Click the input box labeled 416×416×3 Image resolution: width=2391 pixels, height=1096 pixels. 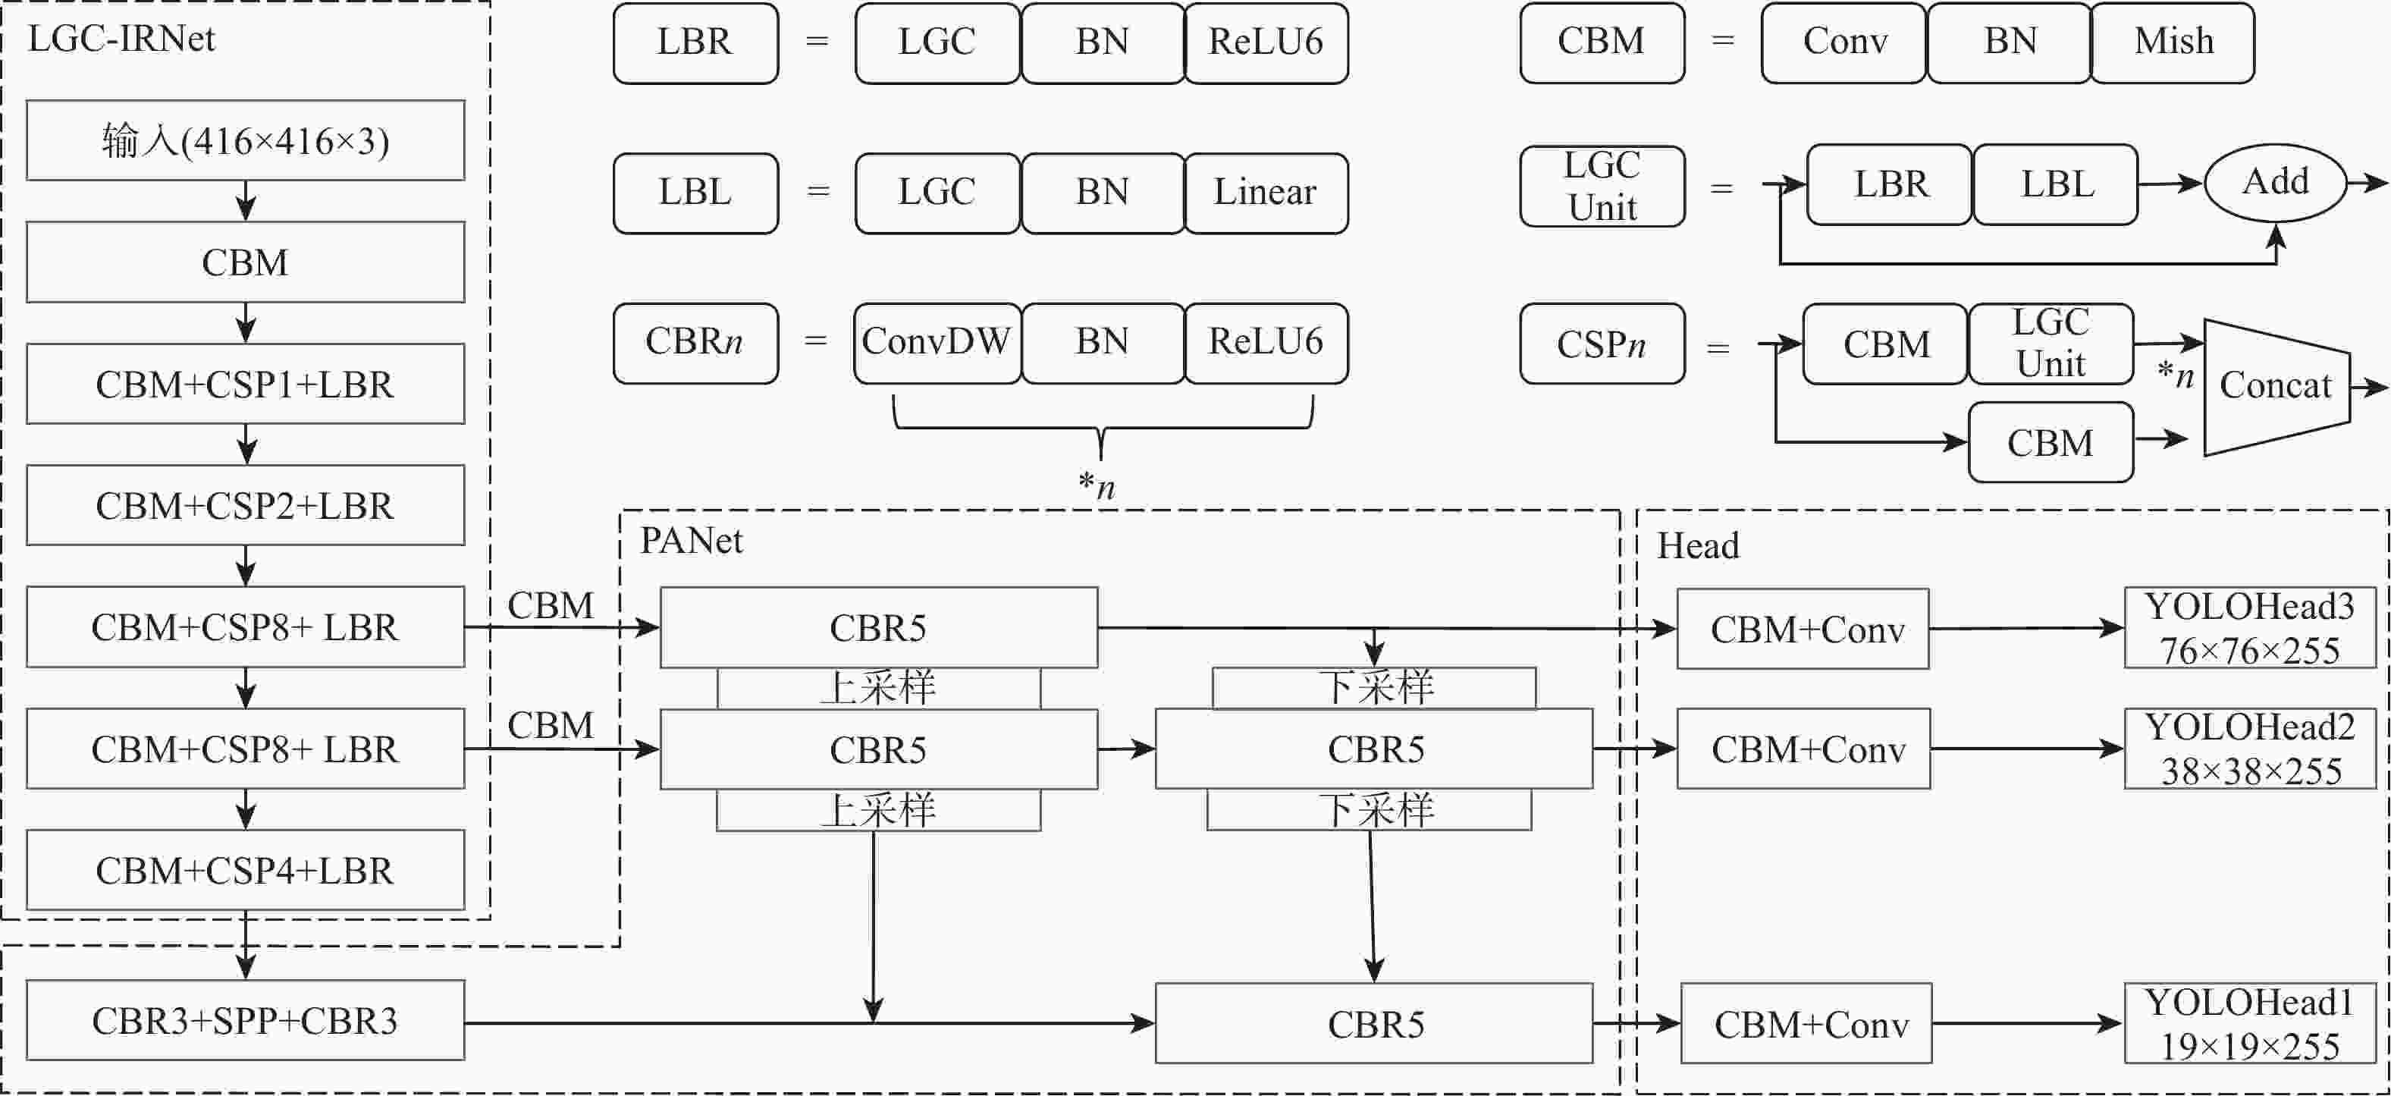[245, 140]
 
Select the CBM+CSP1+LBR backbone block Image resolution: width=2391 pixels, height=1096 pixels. [245, 385]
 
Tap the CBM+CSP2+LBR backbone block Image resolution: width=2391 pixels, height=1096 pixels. [245, 505]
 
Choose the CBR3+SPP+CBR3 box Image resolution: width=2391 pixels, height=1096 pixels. [245, 1020]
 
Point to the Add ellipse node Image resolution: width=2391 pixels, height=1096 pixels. [2275, 182]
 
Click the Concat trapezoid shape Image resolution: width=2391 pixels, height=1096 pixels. [2275, 386]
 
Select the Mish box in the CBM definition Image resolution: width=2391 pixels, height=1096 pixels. [2173, 42]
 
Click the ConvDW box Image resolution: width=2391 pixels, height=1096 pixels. [937, 342]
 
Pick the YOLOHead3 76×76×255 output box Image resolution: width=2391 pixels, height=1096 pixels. [2250, 627]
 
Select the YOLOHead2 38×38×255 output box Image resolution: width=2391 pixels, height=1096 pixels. [2250, 748]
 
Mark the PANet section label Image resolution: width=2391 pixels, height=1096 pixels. [692, 541]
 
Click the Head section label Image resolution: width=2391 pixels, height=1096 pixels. [1698, 545]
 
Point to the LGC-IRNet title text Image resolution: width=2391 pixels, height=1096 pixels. [121, 39]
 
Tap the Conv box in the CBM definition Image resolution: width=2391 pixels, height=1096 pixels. [1844, 42]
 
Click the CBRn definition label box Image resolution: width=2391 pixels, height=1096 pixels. [695, 342]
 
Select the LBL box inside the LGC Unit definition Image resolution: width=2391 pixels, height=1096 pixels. [2056, 184]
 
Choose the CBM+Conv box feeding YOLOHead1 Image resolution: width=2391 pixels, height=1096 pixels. [1806, 1024]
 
